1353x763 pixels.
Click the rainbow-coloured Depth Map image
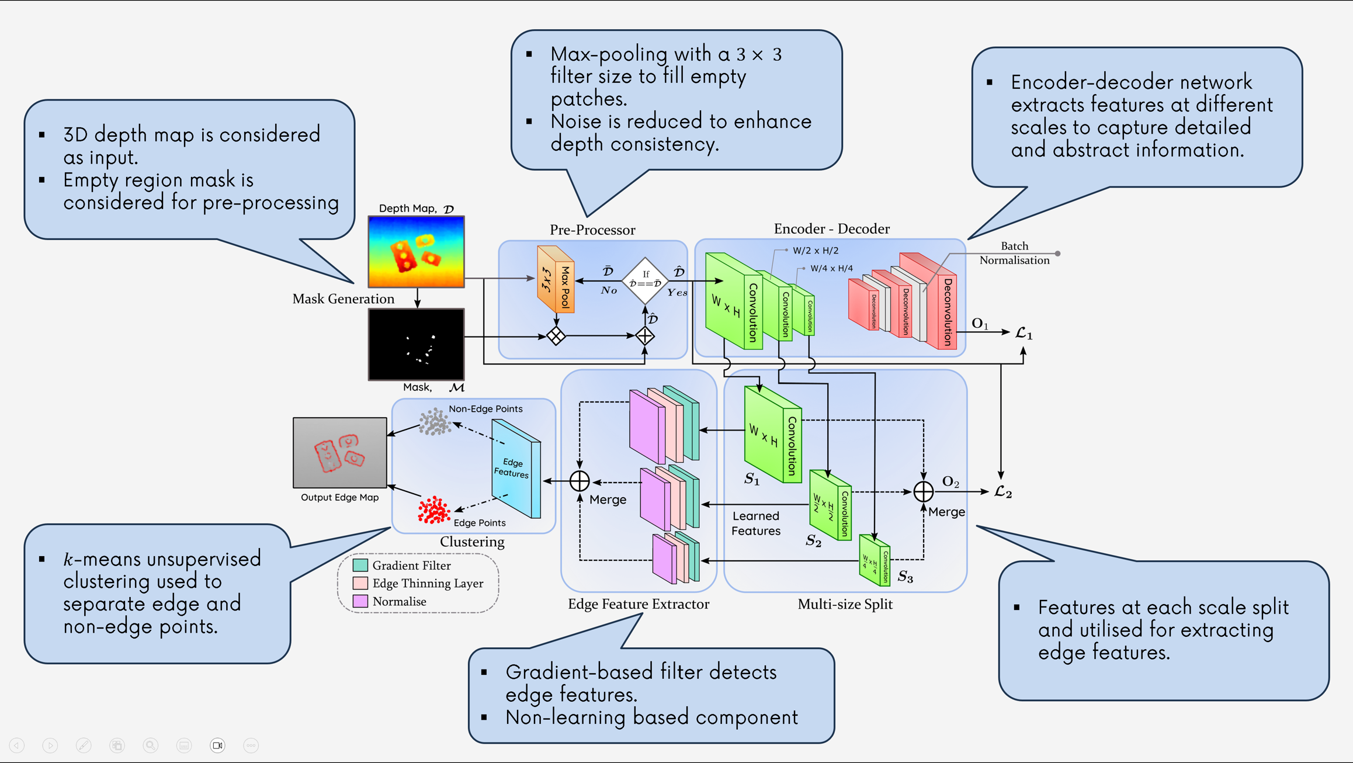(x=416, y=251)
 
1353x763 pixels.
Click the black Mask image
(x=416, y=344)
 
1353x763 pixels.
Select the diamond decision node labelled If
(x=645, y=280)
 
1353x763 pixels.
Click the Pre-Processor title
(x=592, y=230)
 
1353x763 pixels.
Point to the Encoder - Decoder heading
(x=831, y=228)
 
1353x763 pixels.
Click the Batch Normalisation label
(x=1014, y=253)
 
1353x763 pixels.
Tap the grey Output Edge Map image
(x=339, y=452)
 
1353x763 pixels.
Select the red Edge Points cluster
(x=434, y=509)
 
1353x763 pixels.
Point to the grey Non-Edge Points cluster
(x=435, y=421)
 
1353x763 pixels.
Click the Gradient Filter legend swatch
(x=360, y=565)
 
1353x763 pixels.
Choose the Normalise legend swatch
(x=360, y=601)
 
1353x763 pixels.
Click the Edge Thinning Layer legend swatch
(x=360, y=583)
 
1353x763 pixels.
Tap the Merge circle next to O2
(x=923, y=491)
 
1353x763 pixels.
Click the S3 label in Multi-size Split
(x=906, y=577)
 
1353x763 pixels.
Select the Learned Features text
(x=756, y=523)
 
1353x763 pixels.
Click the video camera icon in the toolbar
(x=217, y=745)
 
